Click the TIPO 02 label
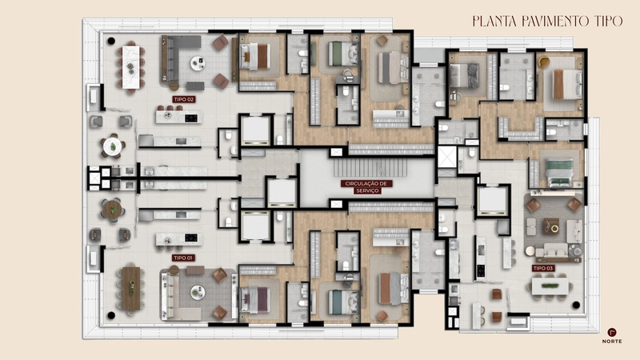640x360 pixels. pyautogui.click(x=184, y=99)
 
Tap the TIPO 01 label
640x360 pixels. pyautogui.click(x=183, y=258)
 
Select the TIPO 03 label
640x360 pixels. pyautogui.click(x=543, y=268)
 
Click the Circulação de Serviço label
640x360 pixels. pyautogui.click(x=366, y=187)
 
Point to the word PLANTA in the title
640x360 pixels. pyautogui.click(x=495, y=22)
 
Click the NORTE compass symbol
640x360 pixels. pyautogui.click(x=611, y=332)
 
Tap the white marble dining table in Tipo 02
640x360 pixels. pyautogui.click(x=130, y=67)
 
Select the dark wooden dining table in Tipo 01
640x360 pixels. pyautogui.click(x=130, y=289)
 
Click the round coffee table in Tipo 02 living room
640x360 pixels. pyautogui.click(x=198, y=63)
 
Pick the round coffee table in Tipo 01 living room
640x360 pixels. pyautogui.click(x=198, y=292)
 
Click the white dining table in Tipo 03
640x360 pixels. pyautogui.click(x=550, y=286)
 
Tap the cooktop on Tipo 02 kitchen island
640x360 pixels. pyautogui.click(x=191, y=118)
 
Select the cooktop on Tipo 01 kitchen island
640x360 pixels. pyautogui.click(x=191, y=238)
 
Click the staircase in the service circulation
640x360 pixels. pyautogui.click(x=370, y=168)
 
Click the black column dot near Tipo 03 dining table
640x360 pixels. pyautogui.click(x=576, y=305)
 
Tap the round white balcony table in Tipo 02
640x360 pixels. pyautogui.click(x=112, y=146)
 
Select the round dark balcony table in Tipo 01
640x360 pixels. pyautogui.click(x=112, y=210)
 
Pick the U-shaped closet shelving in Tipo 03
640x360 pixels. pyautogui.click(x=522, y=129)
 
